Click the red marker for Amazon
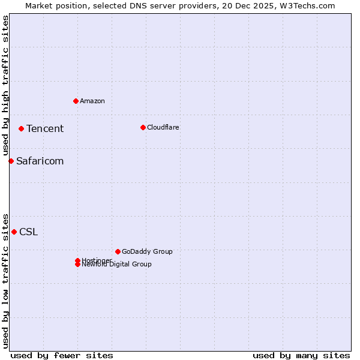point(76,101)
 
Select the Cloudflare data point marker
point(143,127)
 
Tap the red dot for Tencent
point(21,128)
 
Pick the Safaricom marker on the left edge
point(11,161)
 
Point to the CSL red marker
point(14,232)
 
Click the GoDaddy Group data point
point(118,251)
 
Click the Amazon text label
point(92,101)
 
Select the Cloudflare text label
point(163,127)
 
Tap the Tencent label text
point(45,128)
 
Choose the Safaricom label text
point(40,161)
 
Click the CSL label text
point(29,232)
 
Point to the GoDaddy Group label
point(147,251)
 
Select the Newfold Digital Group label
point(117,265)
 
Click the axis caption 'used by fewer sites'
point(62,355)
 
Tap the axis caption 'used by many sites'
point(301,355)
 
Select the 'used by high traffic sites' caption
point(5,85)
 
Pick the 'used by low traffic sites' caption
point(5,280)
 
